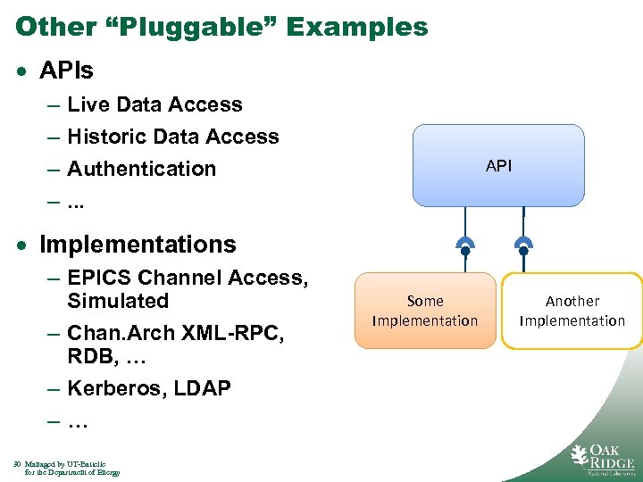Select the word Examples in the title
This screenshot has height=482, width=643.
pos(357,27)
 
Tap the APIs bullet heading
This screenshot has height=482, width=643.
pos(67,69)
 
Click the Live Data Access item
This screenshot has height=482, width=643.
pos(154,104)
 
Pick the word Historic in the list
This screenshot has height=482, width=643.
pos(106,137)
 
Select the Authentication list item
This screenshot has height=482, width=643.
pos(141,169)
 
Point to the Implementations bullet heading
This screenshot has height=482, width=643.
pos(138,245)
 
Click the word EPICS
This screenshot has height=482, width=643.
pos(100,278)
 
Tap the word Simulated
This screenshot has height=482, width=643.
pos(118,301)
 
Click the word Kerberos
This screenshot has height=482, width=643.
pos(111,388)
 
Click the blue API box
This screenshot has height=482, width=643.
pos(498,166)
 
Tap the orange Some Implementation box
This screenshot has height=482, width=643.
pos(425,311)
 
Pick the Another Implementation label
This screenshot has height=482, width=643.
pos(572,311)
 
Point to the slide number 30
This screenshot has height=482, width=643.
pos(18,464)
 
